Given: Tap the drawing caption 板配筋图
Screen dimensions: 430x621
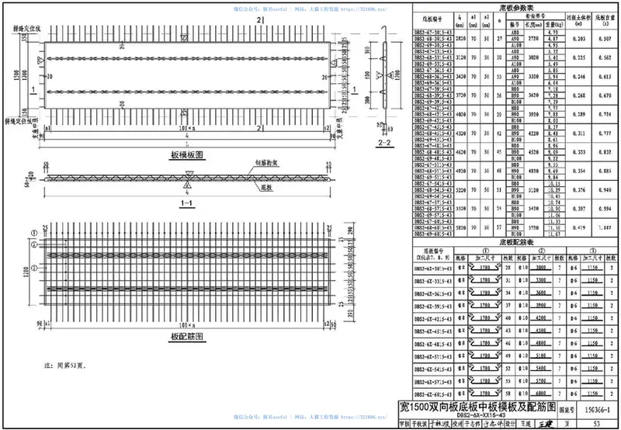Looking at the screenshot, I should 186,337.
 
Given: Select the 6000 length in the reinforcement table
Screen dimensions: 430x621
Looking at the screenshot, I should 521,393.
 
